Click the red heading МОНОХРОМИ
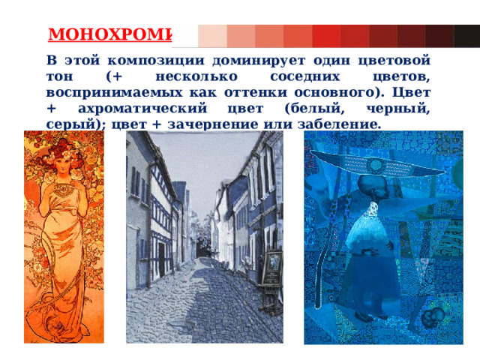(109, 35)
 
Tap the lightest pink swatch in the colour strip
(213, 35)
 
